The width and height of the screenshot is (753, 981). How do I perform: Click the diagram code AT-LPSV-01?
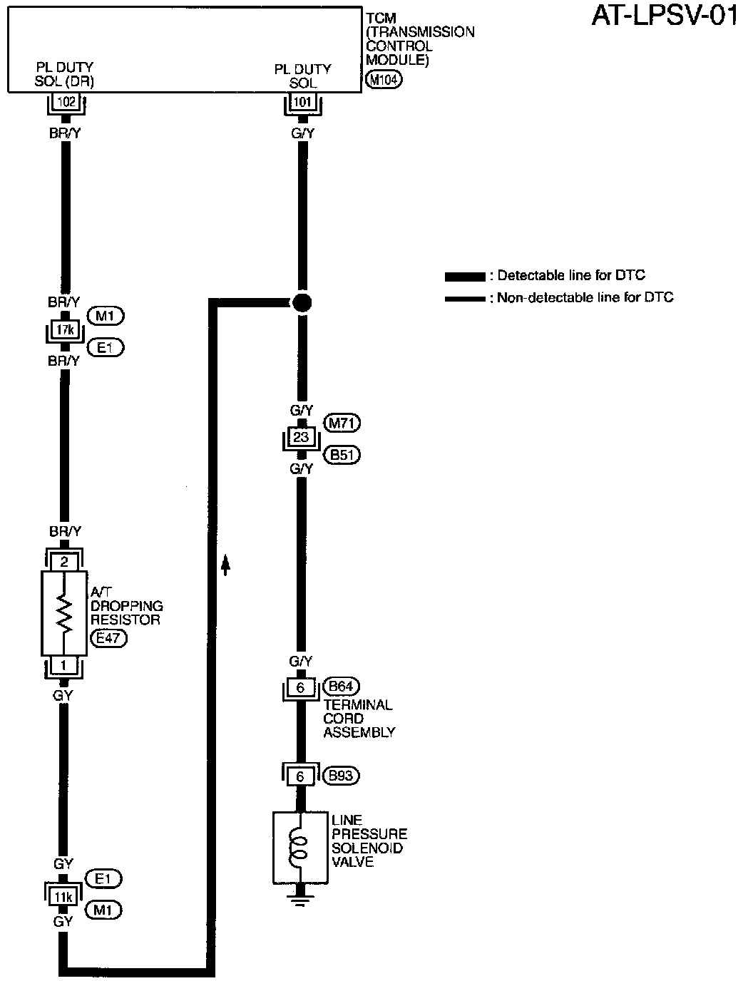(664, 16)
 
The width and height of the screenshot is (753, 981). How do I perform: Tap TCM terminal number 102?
(66, 103)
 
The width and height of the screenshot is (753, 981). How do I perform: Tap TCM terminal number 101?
(303, 103)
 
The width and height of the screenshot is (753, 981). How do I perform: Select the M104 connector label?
(384, 80)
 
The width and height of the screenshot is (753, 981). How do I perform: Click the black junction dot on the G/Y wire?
(302, 302)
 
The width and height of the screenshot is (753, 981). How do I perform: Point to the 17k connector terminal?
(64, 331)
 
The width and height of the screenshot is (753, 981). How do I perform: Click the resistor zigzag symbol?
(65, 613)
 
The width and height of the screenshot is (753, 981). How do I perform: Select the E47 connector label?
(108, 639)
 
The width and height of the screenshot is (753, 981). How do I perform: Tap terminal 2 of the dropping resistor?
(64, 562)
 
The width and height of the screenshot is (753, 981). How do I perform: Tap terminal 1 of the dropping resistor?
(64, 664)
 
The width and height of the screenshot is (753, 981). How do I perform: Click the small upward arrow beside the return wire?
(226, 565)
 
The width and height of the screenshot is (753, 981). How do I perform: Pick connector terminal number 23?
(301, 437)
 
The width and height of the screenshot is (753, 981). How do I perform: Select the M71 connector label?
(342, 423)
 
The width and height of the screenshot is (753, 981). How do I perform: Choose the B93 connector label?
(341, 776)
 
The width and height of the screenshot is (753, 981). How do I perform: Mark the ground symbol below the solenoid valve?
(301, 894)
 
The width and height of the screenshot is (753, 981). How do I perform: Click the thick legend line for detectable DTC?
(464, 276)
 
